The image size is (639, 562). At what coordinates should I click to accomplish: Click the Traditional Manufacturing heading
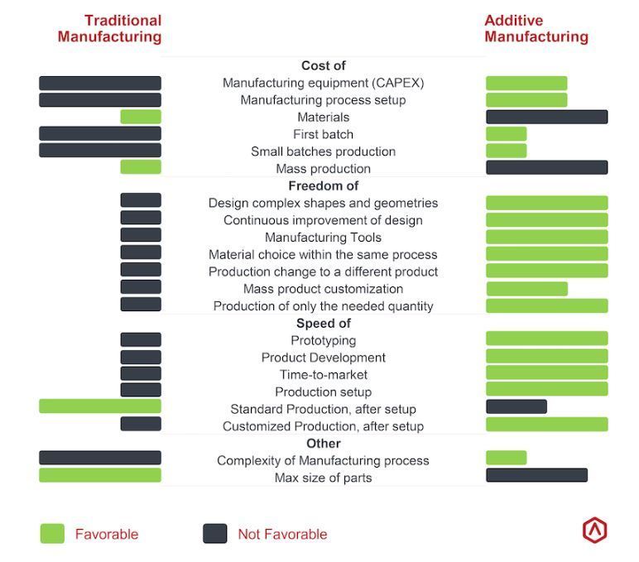(109, 28)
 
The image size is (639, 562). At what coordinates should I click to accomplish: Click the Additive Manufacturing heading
(536, 28)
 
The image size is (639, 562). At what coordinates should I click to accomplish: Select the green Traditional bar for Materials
(141, 117)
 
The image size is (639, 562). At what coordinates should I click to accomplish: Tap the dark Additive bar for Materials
(547, 117)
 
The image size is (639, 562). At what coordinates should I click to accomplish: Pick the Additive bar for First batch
(506, 134)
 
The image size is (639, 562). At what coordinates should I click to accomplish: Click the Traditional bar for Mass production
(141, 167)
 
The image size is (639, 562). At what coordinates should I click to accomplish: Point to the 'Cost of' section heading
(324, 65)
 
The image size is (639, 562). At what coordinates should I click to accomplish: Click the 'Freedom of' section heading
(324, 186)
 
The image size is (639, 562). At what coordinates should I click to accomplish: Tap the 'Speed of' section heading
(324, 323)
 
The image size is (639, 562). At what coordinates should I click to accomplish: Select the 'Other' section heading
(324, 444)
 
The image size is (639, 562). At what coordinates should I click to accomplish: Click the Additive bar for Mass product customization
(526, 289)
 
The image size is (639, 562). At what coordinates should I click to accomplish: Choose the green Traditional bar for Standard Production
(100, 406)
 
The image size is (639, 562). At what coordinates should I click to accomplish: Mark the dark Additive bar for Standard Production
(516, 406)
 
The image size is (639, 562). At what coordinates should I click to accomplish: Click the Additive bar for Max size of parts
(536, 475)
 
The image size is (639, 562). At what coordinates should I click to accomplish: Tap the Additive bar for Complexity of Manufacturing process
(506, 458)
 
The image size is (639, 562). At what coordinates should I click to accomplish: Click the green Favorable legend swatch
(52, 534)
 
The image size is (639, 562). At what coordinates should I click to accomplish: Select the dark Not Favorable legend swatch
(215, 534)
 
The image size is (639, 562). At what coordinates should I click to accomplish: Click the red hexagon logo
(594, 531)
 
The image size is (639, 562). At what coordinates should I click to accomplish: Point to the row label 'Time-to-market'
(324, 375)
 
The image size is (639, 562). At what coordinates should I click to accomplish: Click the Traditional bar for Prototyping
(141, 339)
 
